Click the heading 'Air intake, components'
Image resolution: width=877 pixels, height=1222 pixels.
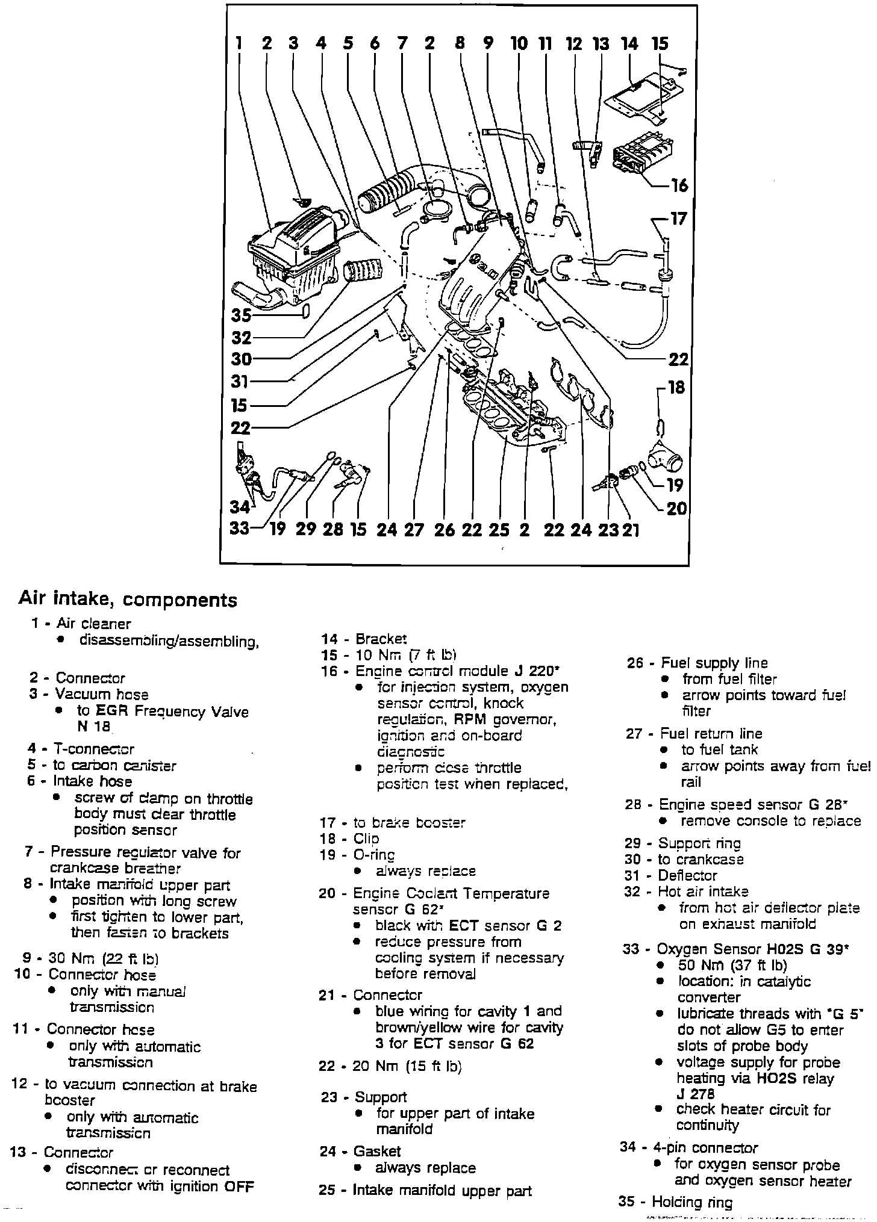pyautogui.click(x=128, y=600)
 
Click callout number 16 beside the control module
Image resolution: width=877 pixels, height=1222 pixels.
pyautogui.click(x=679, y=185)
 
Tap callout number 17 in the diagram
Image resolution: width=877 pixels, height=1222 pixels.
pyautogui.click(x=678, y=219)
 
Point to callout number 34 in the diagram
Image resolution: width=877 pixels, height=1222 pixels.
pyautogui.click(x=240, y=508)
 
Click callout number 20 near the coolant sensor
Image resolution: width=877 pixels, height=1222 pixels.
pyautogui.click(x=676, y=509)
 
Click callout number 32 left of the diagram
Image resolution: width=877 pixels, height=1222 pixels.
pyautogui.click(x=241, y=337)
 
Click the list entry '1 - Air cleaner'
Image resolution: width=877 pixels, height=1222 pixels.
pyautogui.click(x=81, y=624)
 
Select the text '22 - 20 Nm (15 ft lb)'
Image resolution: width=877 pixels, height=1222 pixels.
pyautogui.click(x=390, y=1067)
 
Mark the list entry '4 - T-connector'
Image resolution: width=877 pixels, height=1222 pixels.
pyautogui.click(x=81, y=749)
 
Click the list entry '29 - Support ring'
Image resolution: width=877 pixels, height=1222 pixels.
pyautogui.click(x=682, y=843)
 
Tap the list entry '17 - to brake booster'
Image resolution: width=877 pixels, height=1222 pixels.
pyautogui.click(x=393, y=822)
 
